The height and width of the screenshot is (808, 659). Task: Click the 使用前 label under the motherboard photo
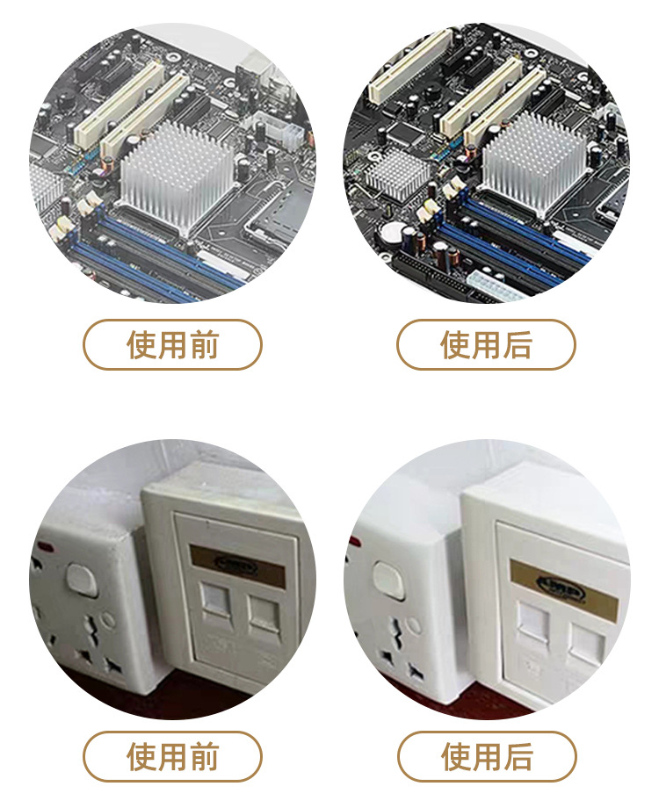point(172,344)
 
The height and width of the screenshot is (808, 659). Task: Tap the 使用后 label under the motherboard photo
point(486,344)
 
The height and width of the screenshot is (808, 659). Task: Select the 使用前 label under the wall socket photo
point(172,756)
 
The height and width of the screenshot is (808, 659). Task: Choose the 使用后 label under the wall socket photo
point(486,756)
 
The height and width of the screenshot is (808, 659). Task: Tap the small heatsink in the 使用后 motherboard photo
point(397,172)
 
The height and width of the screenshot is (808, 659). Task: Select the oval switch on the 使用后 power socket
point(387,580)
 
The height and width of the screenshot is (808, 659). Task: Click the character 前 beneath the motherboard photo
point(203,344)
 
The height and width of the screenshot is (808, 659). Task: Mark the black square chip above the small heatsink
point(402,133)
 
